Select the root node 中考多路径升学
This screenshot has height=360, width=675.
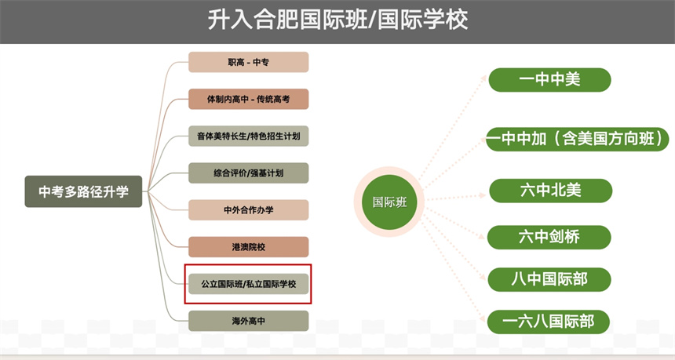point(84,191)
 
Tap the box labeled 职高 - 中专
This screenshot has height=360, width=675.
point(248,62)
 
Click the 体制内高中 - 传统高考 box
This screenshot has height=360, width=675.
point(248,100)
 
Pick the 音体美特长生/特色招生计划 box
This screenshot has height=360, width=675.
point(248,136)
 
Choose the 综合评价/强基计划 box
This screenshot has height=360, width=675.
point(248,173)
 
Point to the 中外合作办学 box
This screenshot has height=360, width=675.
point(248,210)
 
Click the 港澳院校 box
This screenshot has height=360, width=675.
point(248,247)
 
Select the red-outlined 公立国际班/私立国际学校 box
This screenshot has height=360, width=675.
point(248,284)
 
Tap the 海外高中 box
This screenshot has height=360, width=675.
point(248,321)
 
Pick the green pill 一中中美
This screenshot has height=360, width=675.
point(549,79)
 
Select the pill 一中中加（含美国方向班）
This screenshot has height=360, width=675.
point(578,139)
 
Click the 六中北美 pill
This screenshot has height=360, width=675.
point(550,191)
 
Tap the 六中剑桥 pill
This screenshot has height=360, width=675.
point(549,235)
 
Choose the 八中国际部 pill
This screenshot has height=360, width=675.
point(549,278)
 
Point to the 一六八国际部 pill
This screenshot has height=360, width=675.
point(549,322)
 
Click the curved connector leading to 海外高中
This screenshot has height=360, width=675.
point(171,302)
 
